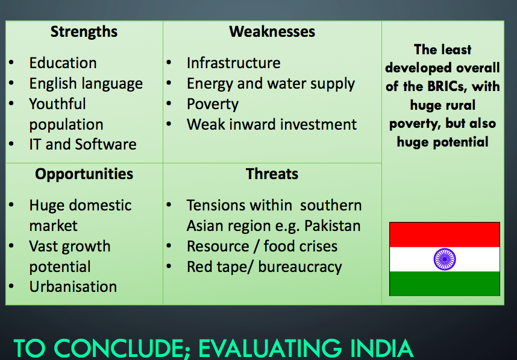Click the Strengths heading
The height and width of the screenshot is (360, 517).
click(84, 33)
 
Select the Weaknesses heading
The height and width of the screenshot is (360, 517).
click(272, 32)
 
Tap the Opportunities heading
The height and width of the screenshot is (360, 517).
click(84, 174)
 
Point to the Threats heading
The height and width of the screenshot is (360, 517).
click(272, 174)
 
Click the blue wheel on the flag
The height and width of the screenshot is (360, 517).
click(445, 259)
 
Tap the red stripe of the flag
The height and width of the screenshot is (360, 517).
click(445, 235)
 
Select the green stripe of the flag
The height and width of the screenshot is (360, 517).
click(445, 284)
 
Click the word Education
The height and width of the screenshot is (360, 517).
click(63, 63)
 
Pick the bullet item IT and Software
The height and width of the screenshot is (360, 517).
click(83, 145)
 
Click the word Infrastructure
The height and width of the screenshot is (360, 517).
click(233, 63)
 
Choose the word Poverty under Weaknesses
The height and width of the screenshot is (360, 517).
click(212, 104)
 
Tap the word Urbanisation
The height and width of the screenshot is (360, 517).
click(73, 287)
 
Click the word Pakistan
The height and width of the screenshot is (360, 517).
click(333, 226)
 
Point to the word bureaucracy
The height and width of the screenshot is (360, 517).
click(300, 267)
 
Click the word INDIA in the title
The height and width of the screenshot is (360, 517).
click(381, 349)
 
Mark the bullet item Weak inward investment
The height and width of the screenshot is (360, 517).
click(272, 124)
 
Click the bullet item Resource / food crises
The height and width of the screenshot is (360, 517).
click(262, 247)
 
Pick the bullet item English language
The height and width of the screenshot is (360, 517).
click(86, 84)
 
